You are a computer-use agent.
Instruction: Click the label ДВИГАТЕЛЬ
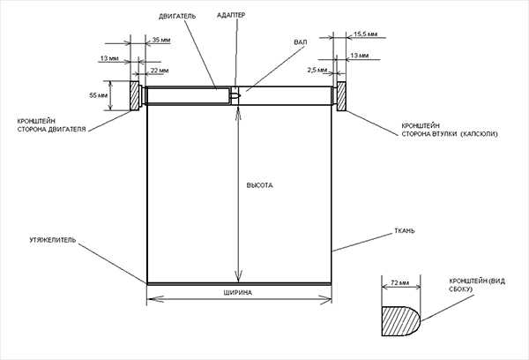click(x=177, y=16)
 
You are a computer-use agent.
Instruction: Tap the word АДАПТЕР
click(x=231, y=15)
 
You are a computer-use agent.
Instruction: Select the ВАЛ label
click(x=301, y=42)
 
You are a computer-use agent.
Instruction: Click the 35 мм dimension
click(x=161, y=40)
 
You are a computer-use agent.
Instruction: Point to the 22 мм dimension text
click(x=160, y=71)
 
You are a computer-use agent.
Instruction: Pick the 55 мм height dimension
click(x=98, y=95)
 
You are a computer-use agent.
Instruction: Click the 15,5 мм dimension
click(x=365, y=34)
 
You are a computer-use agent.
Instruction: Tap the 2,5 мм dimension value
click(x=317, y=70)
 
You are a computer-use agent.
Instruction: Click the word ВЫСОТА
click(x=260, y=185)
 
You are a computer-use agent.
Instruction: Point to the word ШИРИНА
click(x=237, y=292)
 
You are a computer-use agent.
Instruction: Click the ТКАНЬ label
click(x=405, y=231)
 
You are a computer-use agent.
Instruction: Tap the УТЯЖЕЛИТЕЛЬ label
click(x=53, y=240)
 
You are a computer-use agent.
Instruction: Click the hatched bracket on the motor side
click(x=134, y=95)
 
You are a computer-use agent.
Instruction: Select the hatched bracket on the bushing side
click(x=341, y=96)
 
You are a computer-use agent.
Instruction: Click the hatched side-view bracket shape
click(x=401, y=321)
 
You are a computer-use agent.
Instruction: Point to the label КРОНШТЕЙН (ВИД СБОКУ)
click(x=477, y=285)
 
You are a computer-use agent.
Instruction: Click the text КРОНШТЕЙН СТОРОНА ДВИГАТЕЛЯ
click(x=52, y=125)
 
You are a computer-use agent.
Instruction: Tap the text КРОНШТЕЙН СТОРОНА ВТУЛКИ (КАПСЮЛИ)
click(x=450, y=130)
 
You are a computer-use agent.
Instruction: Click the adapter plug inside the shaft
click(x=235, y=96)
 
